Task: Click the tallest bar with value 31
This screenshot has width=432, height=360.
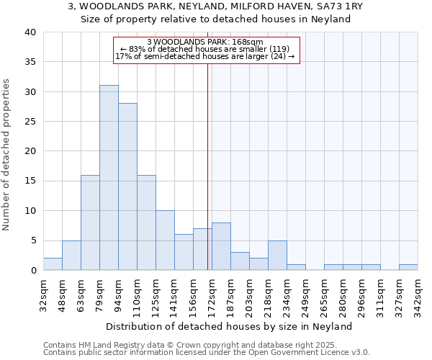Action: [109, 178]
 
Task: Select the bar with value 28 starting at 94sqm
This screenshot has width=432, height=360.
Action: [127, 186]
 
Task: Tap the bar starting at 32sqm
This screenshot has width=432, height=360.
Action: [53, 264]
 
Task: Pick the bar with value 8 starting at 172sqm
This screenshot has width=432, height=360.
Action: [221, 246]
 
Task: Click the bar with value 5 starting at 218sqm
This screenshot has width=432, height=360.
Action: [277, 255]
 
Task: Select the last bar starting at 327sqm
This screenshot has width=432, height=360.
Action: [408, 267]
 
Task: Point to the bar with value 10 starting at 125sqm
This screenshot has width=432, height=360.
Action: [165, 240]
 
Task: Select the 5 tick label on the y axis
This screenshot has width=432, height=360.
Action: [32, 240]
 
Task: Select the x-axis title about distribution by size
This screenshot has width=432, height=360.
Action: [234, 326]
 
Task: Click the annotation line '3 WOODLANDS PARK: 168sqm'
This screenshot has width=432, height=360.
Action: [205, 42]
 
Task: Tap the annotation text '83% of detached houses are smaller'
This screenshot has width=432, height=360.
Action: [205, 49]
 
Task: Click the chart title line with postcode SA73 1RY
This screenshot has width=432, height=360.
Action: [215, 6]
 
